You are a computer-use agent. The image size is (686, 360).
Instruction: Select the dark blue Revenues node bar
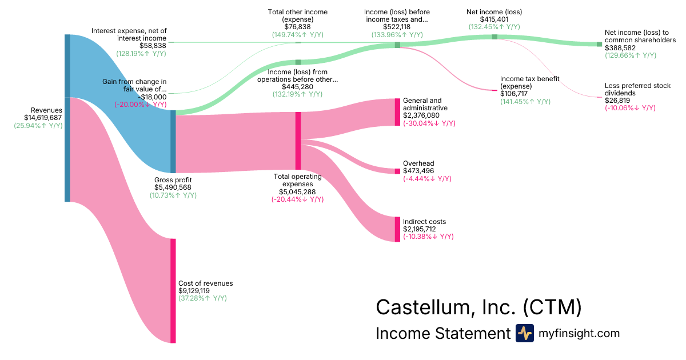67,118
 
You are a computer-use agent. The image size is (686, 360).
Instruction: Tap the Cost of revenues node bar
173,290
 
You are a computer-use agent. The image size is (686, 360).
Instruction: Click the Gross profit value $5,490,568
173,187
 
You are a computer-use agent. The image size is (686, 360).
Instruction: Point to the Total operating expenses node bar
298,141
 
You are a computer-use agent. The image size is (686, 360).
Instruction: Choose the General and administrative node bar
397,112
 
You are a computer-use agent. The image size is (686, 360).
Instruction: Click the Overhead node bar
397,171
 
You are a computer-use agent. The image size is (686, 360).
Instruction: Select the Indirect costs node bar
397,229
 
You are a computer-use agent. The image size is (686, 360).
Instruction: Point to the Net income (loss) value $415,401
494,19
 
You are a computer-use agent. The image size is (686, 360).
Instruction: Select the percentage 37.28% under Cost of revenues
202,298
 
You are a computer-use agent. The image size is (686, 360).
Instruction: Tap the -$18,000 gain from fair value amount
151,97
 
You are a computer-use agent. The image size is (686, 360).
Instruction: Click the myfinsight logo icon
524,333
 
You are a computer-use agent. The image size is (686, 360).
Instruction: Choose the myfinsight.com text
579,333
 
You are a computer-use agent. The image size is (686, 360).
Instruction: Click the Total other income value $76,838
297,27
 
